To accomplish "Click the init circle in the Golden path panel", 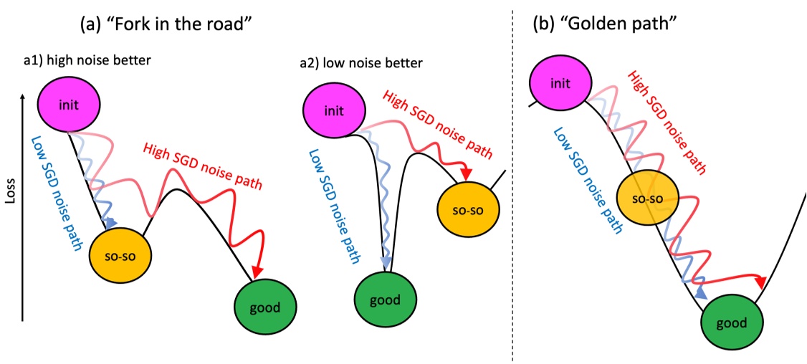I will coord(561,84).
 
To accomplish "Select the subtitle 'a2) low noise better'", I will coord(361,64).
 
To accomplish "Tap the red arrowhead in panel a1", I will coord(257,270).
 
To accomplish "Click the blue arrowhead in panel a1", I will coord(110,223).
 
